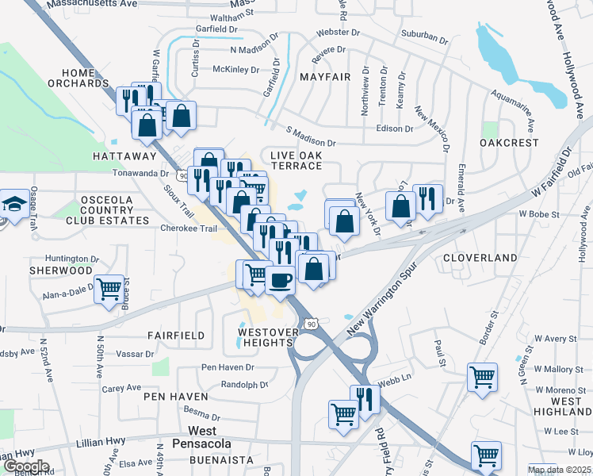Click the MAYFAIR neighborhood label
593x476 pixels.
[324, 77]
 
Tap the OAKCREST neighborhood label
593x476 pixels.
[509, 143]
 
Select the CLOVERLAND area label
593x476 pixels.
[480, 258]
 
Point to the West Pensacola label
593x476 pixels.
[192, 436]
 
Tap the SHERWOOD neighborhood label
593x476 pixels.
[61, 271]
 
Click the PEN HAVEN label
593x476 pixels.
[176, 396]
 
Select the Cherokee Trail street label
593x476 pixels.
[189, 228]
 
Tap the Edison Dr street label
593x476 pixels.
[395, 129]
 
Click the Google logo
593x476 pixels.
[25, 466]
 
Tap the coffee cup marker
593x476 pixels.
[280, 279]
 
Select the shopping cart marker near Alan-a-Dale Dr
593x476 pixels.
[109, 289]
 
